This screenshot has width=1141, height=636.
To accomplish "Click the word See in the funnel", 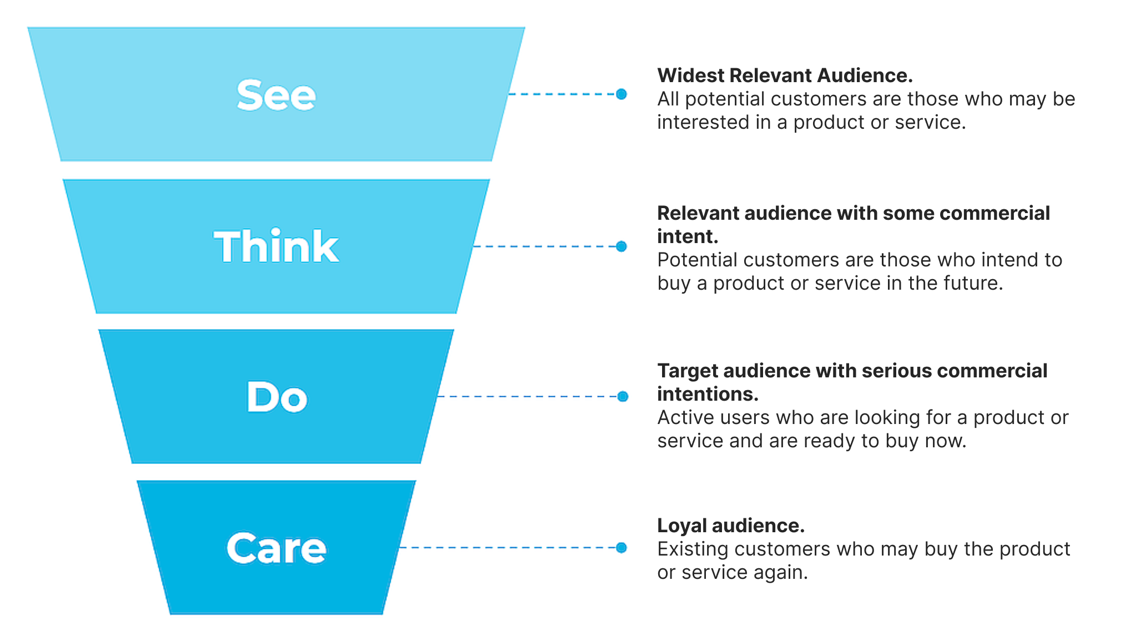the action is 276,95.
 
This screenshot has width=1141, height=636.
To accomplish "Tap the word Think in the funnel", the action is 276,246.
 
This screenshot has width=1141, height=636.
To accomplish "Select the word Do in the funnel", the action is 276,397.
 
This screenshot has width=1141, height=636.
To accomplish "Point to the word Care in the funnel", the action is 276,548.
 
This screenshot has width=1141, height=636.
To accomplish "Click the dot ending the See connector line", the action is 622,94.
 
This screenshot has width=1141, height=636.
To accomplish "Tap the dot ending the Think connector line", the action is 622,246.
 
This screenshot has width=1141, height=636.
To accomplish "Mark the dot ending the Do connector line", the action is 623,396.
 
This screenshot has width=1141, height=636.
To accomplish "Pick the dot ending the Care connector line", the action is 622,548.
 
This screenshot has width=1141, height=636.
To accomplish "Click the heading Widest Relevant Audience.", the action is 785,75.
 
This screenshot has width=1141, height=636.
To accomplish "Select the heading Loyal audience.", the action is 731,526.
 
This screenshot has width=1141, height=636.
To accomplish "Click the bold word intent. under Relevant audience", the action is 688,237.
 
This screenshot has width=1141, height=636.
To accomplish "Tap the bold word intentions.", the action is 708,395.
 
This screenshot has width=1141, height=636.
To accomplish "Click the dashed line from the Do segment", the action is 527,396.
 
